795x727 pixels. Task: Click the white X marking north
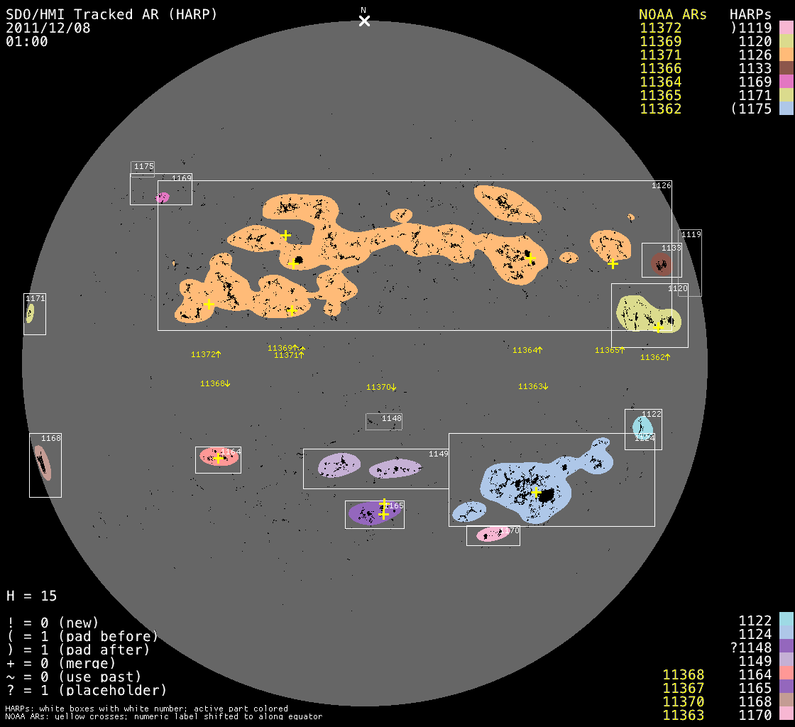[364, 21]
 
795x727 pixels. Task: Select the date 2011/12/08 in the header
[48, 28]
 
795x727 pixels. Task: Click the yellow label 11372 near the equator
[203, 354]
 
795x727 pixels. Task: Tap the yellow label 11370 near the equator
[378, 388]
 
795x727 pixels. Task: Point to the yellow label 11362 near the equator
[652, 357]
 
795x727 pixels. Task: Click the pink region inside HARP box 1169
[163, 197]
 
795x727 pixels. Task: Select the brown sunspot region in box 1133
[662, 266]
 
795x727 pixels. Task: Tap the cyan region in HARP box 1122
[642, 426]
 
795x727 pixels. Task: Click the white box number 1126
[661, 185]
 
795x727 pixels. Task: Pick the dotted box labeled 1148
[384, 422]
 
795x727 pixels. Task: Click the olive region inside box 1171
[30, 313]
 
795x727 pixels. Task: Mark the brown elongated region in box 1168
[42, 463]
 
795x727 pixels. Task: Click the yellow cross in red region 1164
[218, 459]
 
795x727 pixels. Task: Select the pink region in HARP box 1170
[492, 534]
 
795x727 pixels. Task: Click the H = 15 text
[32, 596]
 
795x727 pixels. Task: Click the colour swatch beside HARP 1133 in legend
[786, 68]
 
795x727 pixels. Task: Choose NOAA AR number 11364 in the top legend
[660, 82]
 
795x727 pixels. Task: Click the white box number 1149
[438, 454]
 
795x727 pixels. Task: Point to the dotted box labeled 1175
[143, 168]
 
